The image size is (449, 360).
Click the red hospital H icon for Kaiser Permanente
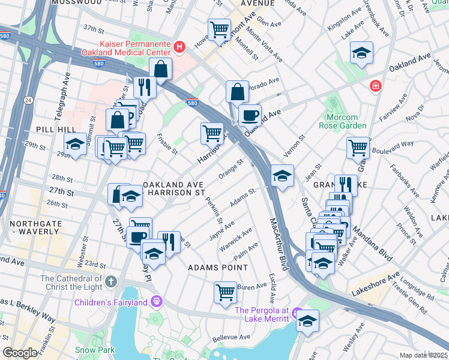(178, 46)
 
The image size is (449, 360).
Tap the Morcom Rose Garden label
(346, 121)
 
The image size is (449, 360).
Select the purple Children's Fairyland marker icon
(157, 301)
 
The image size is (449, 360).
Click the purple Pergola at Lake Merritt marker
(295, 313)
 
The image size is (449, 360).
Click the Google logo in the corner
(20, 353)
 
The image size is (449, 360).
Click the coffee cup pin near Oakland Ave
(250, 114)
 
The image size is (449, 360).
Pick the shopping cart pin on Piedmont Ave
(219, 28)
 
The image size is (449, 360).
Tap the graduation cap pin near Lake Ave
(361, 53)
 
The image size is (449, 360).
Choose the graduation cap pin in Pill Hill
(75, 144)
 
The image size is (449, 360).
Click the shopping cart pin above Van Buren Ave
(225, 292)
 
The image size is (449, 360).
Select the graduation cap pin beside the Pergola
(308, 320)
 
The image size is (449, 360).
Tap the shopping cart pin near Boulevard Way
(358, 146)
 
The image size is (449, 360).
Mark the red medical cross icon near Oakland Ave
(376, 86)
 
